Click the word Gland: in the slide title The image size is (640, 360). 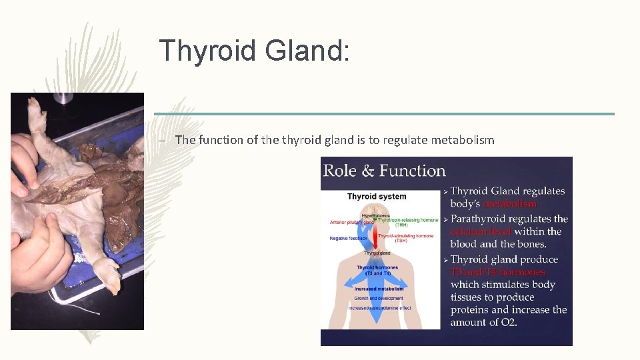(307, 51)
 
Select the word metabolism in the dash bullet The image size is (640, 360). (463, 140)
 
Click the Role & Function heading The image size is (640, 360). (384, 171)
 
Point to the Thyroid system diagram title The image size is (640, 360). (377, 197)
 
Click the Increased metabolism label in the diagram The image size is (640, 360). (379, 289)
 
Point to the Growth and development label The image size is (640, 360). (379, 298)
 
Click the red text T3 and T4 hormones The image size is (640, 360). (497, 272)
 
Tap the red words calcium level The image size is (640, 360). (481, 231)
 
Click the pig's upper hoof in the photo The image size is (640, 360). (37, 114)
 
